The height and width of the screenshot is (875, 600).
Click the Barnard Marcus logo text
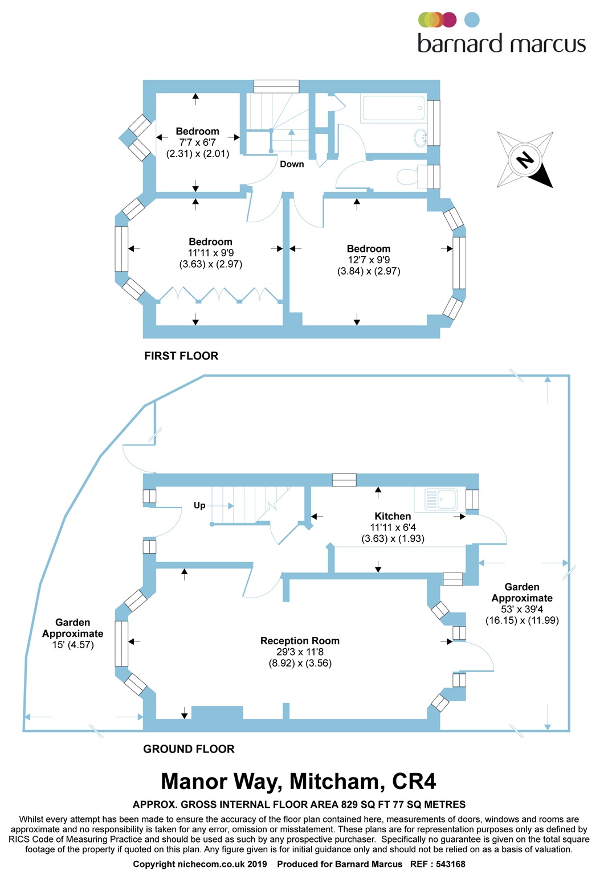click(501, 44)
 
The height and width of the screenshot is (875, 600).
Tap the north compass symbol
click(525, 160)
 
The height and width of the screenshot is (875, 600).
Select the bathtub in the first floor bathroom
click(393, 108)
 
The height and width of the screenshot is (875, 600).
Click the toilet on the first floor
click(407, 177)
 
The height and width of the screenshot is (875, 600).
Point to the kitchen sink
click(441, 500)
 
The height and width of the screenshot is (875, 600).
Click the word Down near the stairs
click(292, 164)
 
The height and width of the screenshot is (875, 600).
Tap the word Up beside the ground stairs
click(199, 505)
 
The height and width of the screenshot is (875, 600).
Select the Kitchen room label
click(393, 516)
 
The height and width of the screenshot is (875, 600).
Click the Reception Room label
click(300, 641)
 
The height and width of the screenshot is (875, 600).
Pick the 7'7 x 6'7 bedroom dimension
click(197, 142)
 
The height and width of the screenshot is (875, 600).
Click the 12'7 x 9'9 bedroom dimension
click(369, 260)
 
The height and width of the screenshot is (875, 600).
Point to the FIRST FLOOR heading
click(181, 356)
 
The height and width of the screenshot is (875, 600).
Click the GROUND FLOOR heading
click(189, 749)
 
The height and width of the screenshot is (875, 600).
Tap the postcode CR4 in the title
click(414, 782)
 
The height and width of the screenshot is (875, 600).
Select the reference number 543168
click(450, 864)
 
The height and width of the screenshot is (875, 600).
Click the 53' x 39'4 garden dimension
click(522, 609)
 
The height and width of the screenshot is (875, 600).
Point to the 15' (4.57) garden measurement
click(72, 645)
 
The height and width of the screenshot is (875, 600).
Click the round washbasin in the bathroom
click(421, 137)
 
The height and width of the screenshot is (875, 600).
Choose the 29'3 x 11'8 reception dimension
click(300, 652)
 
